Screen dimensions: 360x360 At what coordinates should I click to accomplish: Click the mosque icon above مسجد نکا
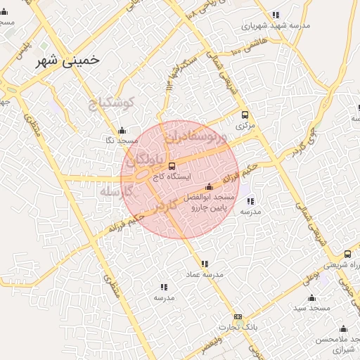pos(122,130)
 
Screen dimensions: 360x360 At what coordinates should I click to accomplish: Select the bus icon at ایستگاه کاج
pos(172,166)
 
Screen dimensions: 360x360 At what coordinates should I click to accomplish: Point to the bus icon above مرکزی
pos(245,115)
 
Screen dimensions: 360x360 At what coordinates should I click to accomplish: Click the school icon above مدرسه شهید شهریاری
pos(276,15)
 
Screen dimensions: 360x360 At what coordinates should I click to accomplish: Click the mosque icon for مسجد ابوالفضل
pos(209,187)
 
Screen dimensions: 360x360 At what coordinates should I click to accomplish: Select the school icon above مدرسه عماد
pos(205,264)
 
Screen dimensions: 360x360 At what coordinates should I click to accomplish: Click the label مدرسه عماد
pos(205,274)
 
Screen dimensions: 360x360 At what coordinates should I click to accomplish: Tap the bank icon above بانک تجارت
pos(238,316)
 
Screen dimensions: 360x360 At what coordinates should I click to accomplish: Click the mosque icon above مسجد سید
pos(311,297)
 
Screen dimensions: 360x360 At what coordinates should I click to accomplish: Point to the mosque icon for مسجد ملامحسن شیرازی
pos(344,328)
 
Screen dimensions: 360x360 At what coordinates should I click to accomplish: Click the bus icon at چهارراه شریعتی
pos(347,254)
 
